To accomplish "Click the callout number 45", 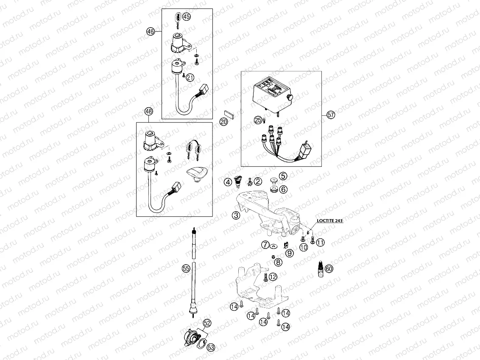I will coord(187,17).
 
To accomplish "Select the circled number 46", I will coord(150,31).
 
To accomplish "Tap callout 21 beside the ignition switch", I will coord(190,77).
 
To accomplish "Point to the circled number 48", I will coord(148,112).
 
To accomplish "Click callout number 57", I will coord(331,114).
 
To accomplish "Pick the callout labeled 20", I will coord(224,122).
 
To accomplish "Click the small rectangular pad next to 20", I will coord(229,114).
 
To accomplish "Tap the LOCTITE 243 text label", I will coord(329,221).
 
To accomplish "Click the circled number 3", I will coord(236,215).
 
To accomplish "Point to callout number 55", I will coord(185,268).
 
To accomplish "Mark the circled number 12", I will coord(272,277).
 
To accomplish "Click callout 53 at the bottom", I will coord(211,346).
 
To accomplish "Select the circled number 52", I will coord(207,323).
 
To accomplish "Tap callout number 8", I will coord(278,262).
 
